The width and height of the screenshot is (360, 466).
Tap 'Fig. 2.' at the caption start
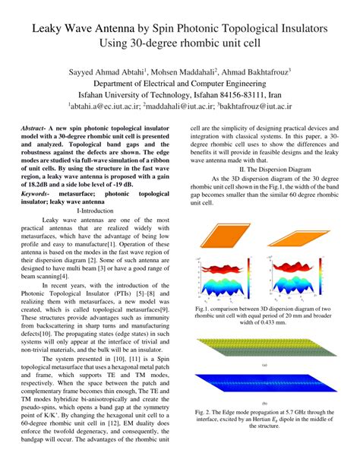[205, 414]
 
